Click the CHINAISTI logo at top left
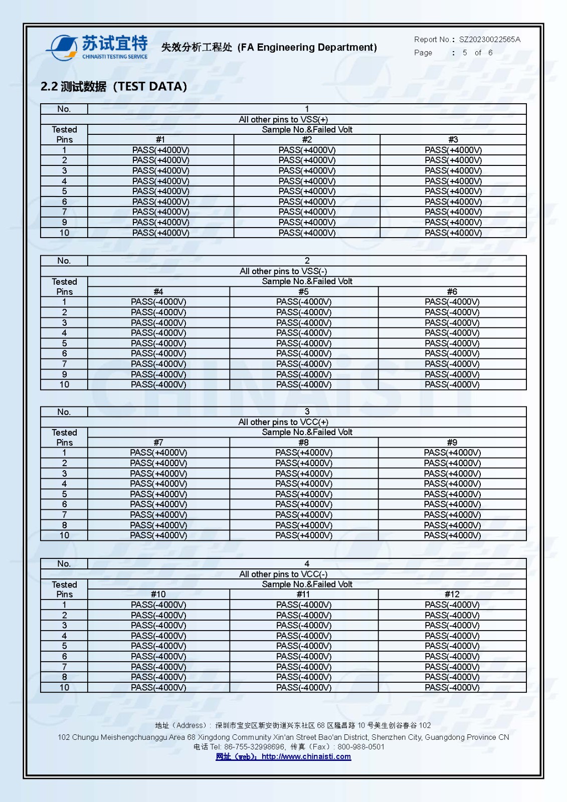98,48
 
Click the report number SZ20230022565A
490,39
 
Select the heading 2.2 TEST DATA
114,86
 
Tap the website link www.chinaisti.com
306,756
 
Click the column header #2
307,139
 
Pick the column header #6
452,291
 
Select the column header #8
303,442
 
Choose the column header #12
452,594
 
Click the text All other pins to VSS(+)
283,119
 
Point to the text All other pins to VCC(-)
283,574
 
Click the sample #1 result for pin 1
160,150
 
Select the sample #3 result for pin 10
453,233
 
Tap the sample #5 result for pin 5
303,343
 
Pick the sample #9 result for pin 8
452,525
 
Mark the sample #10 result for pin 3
158,625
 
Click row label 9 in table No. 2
64,374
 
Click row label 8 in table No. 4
64,677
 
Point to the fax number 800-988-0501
361,746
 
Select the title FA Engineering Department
307,47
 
